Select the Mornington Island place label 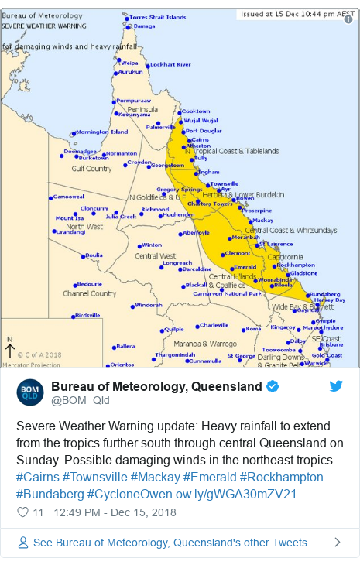click(101, 132)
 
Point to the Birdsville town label click(87, 315)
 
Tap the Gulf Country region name click(91, 168)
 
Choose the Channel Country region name click(90, 293)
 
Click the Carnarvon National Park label click(228, 293)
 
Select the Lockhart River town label click(170, 64)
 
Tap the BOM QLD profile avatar click(30, 392)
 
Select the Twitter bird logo click(335, 385)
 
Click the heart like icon click(22, 512)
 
